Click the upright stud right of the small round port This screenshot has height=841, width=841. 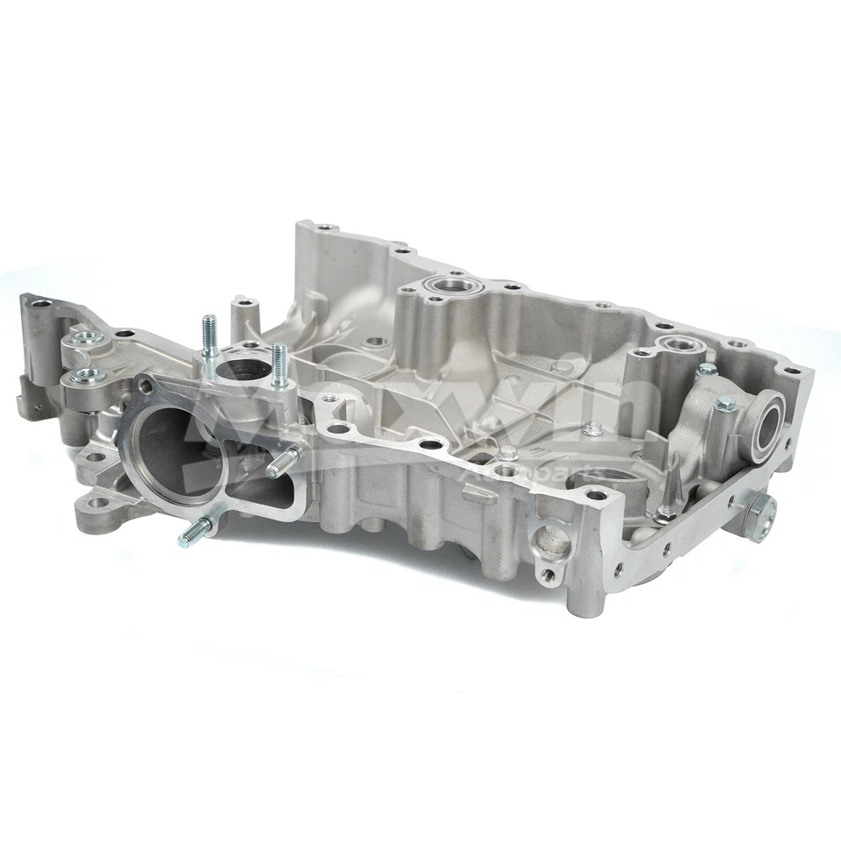pyautogui.click(x=279, y=364)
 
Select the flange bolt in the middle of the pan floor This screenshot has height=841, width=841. pyautogui.click(x=592, y=428)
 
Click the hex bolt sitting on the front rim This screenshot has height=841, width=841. pyautogui.click(x=506, y=454)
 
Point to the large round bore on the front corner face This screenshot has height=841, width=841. pyautogui.click(x=550, y=542)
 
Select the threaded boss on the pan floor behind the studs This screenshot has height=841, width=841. pyautogui.click(x=376, y=341)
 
